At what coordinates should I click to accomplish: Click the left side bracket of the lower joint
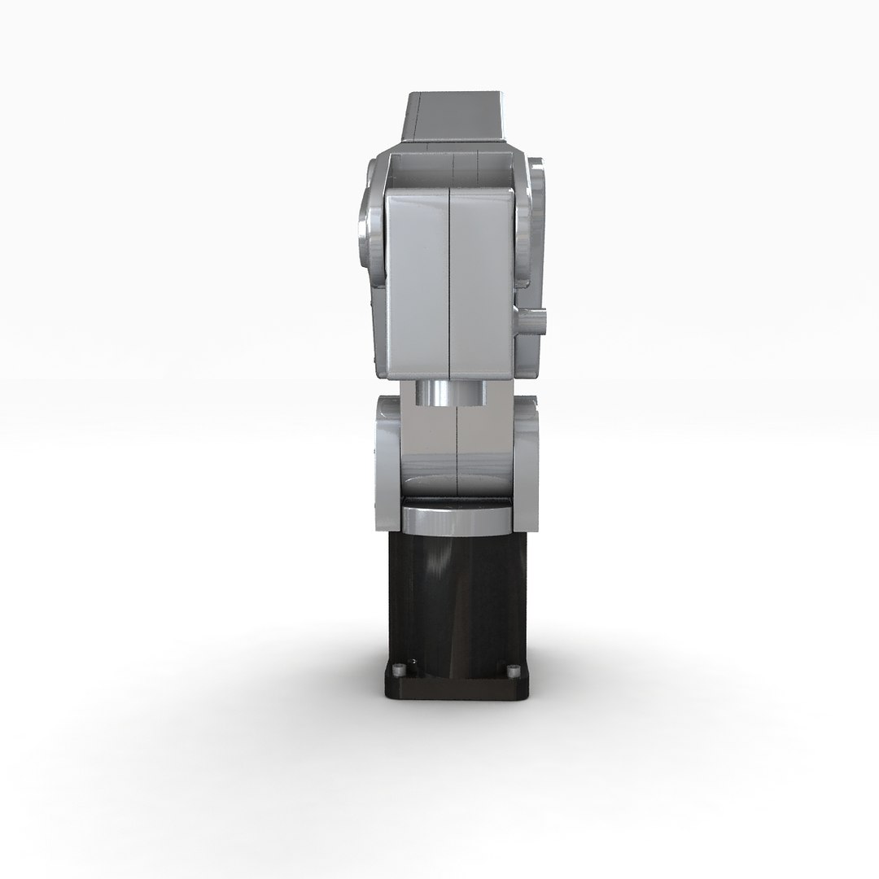(x=387, y=456)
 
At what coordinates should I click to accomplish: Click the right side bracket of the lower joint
(x=527, y=456)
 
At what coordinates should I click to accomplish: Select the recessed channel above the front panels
(x=452, y=172)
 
